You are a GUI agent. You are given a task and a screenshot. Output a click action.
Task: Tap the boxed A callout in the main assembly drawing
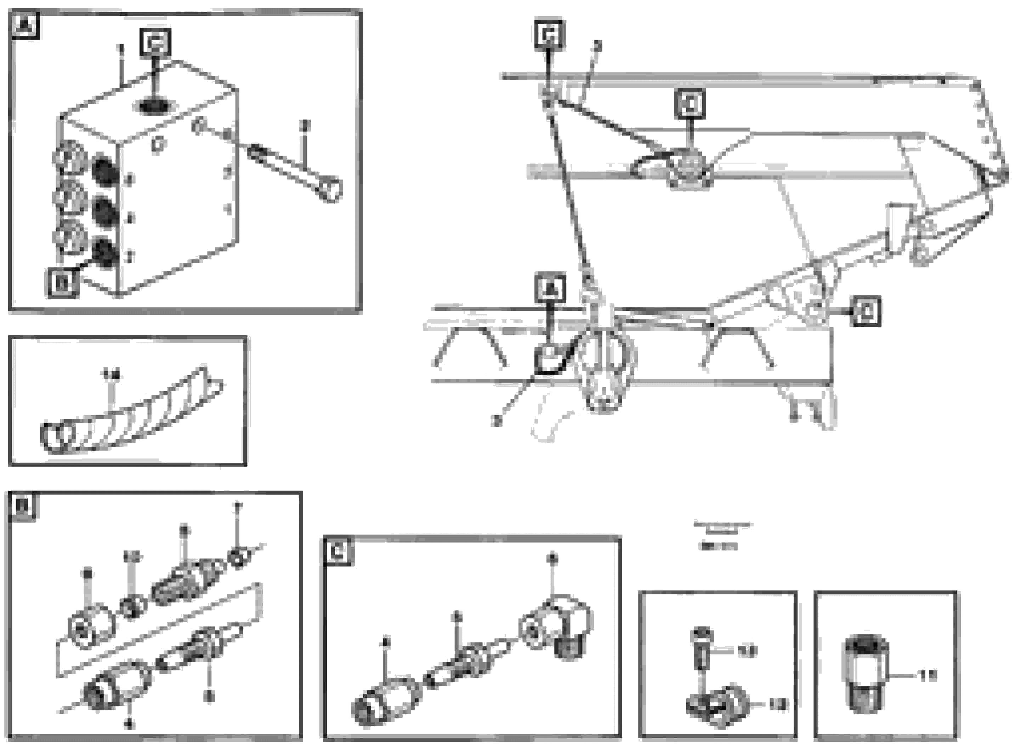(551, 288)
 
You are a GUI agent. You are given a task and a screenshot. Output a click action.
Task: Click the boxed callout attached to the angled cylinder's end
(866, 311)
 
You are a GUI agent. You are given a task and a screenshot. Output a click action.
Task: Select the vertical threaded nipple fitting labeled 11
(865, 676)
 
